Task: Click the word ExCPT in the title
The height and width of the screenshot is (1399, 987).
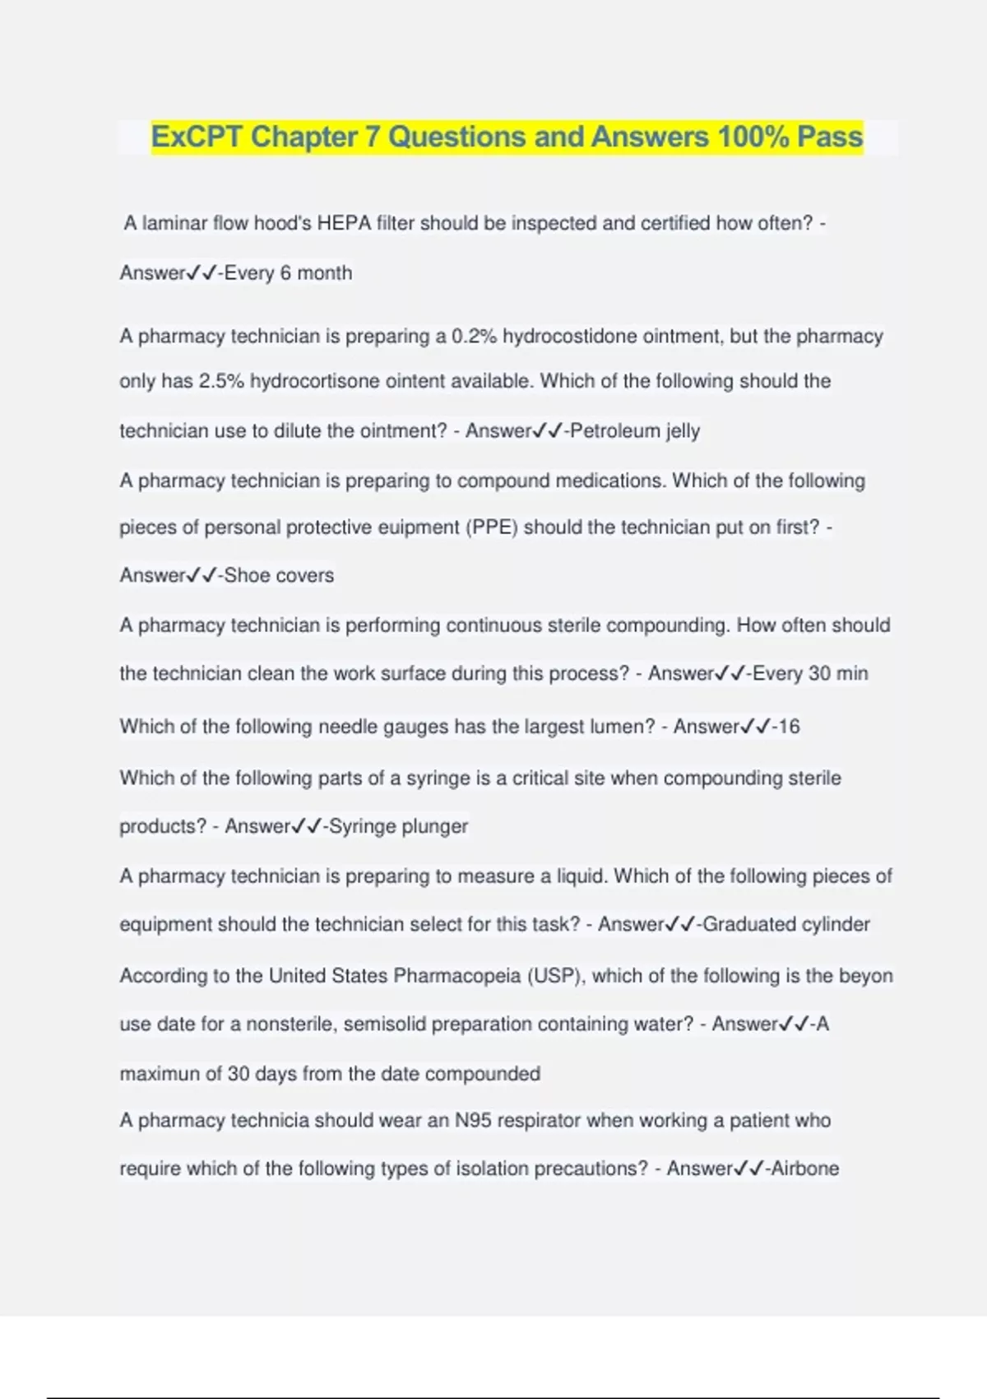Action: pyautogui.click(x=197, y=137)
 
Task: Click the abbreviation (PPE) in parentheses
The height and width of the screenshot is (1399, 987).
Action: pyautogui.click(x=492, y=527)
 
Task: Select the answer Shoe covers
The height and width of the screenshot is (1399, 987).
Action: pyautogui.click(x=279, y=574)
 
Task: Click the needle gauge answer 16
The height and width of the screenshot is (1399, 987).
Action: pyautogui.click(x=789, y=726)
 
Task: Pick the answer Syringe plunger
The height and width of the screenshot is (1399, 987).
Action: pyautogui.click(x=398, y=825)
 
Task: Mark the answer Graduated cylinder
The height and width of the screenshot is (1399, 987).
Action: pyautogui.click(x=786, y=924)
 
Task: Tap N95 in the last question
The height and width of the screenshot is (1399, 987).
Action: pyautogui.click(x=474, y=1120)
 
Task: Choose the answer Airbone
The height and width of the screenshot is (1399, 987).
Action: pyautogui.click(x=803, y=1168)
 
